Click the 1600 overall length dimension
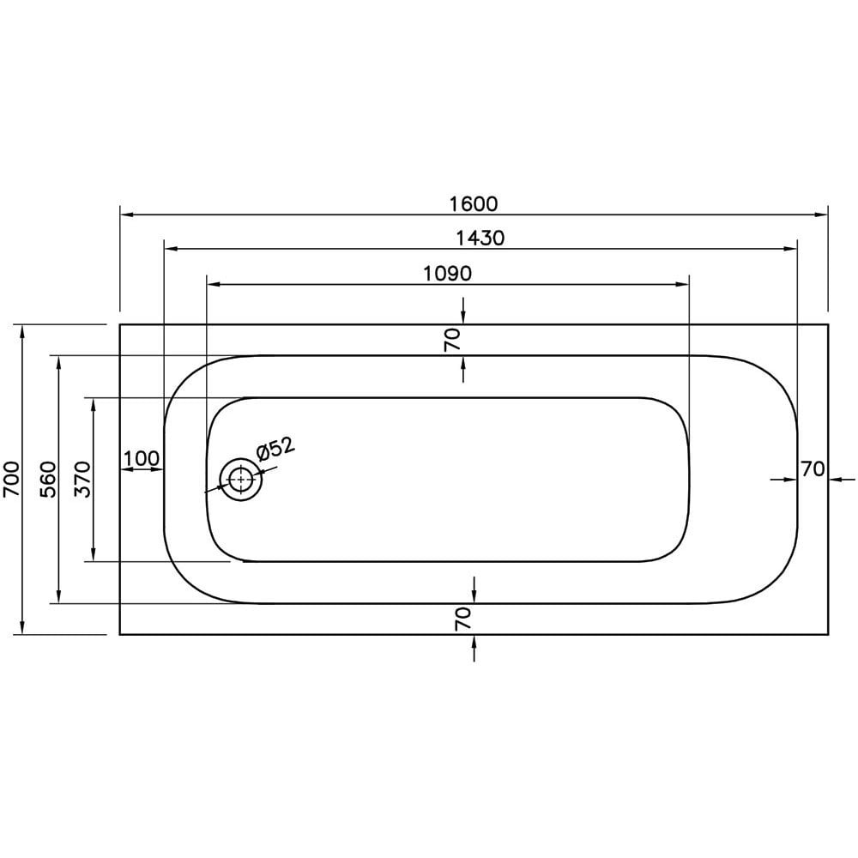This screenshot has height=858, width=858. coord(473,204)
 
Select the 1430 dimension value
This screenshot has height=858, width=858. coord(480,239)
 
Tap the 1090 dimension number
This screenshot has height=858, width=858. coord(448,274)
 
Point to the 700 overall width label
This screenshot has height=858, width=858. coord(10,479)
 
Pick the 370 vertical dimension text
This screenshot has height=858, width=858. coord(82,479)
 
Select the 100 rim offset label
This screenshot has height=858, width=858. coord(141,458)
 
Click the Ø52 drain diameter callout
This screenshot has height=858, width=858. coord(274,448)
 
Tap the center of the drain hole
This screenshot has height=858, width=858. coord(241,480)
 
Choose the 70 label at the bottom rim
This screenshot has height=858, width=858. coord(463,618)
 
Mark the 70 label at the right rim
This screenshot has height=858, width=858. coord(813,469)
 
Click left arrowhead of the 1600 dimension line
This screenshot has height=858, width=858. coord(125,214)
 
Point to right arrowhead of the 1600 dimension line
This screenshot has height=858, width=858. coord(822,214)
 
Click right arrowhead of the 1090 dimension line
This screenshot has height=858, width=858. coord(684,284)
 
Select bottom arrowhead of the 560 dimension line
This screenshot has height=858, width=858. coord(58,597)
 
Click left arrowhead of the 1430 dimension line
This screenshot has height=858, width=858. coord(169,249)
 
